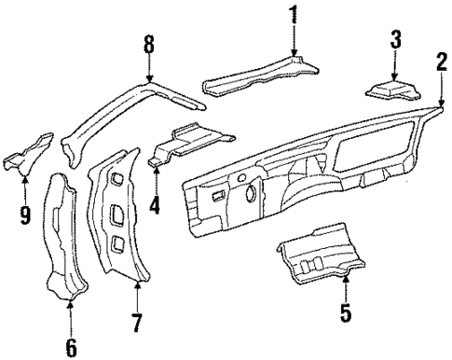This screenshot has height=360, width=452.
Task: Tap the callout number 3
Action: click(x=395, y=40)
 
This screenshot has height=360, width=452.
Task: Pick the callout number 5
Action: click(x=346, y=313)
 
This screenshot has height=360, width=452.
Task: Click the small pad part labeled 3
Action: click(x=391, y=90)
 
